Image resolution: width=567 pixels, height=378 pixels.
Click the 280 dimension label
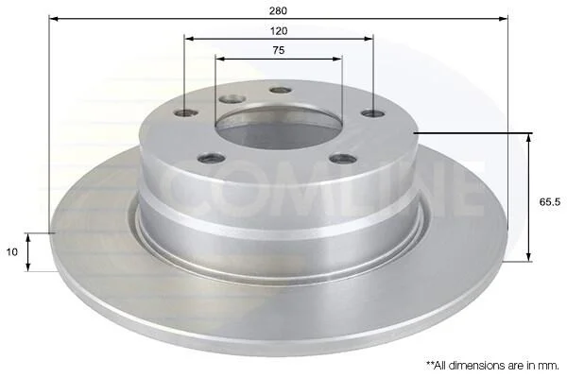(x=278, y=10)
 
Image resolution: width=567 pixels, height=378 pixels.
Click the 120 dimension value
(x=279, y=31)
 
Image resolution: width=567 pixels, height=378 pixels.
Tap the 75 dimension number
(x=279, y=50)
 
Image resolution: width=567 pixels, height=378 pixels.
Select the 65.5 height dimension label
(x=550, y=202)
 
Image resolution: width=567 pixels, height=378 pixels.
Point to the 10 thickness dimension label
(x=12, y=251)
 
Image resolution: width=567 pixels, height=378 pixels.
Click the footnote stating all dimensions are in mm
(x=492, y=366)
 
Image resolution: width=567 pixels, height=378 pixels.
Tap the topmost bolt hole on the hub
(x=281, y=90)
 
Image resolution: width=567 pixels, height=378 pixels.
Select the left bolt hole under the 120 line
(x=186, y=113)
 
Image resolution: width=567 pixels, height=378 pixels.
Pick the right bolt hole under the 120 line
(x=373, y=114)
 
